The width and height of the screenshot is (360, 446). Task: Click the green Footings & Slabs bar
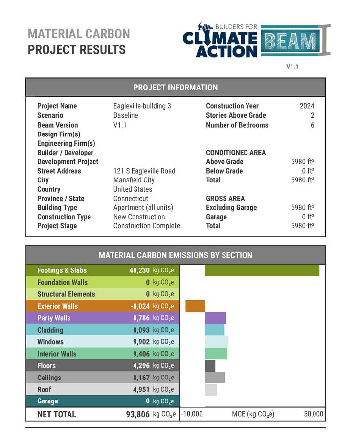click(262, 270)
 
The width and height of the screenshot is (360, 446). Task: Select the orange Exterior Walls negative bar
click(195, 306)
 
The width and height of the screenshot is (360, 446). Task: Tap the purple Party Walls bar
click(215, 318)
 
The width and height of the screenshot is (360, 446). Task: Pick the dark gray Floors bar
click(210, 366)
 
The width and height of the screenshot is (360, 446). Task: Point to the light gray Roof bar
click(210, 390)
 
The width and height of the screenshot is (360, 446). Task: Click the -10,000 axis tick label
click(192, 414)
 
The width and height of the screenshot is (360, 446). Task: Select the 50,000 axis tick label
click(314, 414)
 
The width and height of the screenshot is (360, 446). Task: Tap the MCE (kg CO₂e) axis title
click(253, 414)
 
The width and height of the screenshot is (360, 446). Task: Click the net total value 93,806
click(138, 414)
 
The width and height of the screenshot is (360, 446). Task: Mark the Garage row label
click(47, 401)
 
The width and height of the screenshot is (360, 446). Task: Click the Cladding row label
click(50, 330)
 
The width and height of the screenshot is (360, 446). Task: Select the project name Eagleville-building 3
click(142, 106)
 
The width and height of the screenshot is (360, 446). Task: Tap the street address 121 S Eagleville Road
click(144, 171)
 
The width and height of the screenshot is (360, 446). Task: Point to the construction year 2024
click(307, 106)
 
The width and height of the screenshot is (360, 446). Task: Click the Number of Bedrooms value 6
click(312, 125)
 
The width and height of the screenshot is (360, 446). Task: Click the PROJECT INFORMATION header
click(175, 88)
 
